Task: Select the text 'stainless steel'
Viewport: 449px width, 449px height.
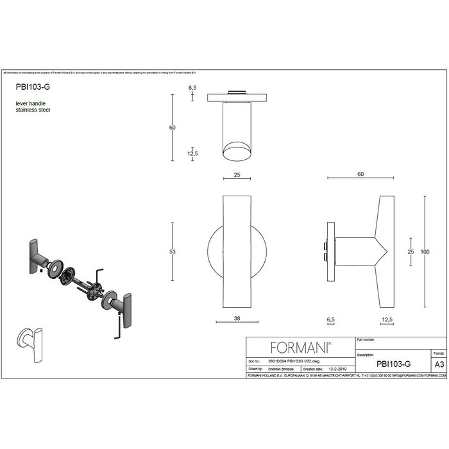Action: [33, 110]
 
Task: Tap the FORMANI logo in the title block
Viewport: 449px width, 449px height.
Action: [301, 348]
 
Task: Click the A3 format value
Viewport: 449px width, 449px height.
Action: [439, 364]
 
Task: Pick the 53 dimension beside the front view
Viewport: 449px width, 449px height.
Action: [172, 252]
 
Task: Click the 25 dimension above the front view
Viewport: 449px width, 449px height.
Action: [236, 174]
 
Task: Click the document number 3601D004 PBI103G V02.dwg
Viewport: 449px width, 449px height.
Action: [292, 362]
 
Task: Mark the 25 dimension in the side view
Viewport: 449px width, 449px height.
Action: [411, 251]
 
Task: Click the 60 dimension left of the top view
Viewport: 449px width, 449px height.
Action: [172, 128]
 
